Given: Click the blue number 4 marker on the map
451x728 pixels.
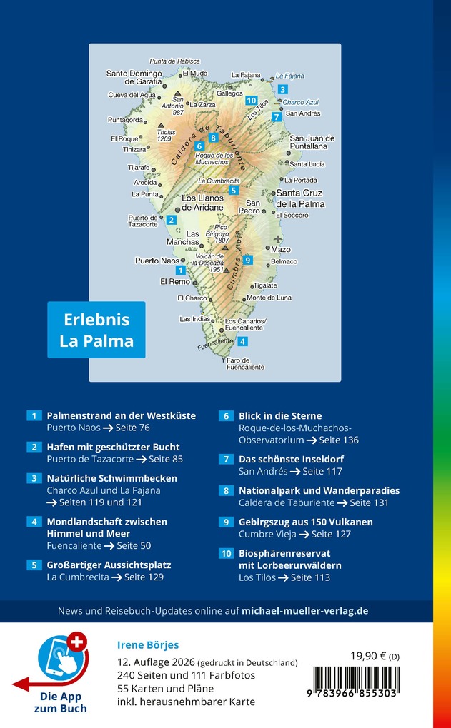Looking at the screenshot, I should [x=243, y=341].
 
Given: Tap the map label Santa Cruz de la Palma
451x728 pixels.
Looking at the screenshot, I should [x=300, y=198].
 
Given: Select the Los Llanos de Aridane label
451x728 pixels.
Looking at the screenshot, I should [x=203, y=202].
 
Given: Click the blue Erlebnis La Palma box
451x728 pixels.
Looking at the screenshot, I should [x=96, y=330].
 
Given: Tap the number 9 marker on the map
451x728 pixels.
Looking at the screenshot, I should [x=247, y=260].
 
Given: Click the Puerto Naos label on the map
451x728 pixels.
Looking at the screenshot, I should [x=157, y=261].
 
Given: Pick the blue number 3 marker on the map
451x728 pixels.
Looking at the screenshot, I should [x=283, y=89].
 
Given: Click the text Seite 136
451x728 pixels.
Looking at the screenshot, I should [x=339, y=440].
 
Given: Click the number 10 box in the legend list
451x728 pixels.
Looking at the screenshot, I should [x=226, y=553].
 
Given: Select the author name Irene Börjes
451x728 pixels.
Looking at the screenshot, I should [x=149, y=644].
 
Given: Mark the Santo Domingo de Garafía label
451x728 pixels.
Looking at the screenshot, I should [x=134, y=77].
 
